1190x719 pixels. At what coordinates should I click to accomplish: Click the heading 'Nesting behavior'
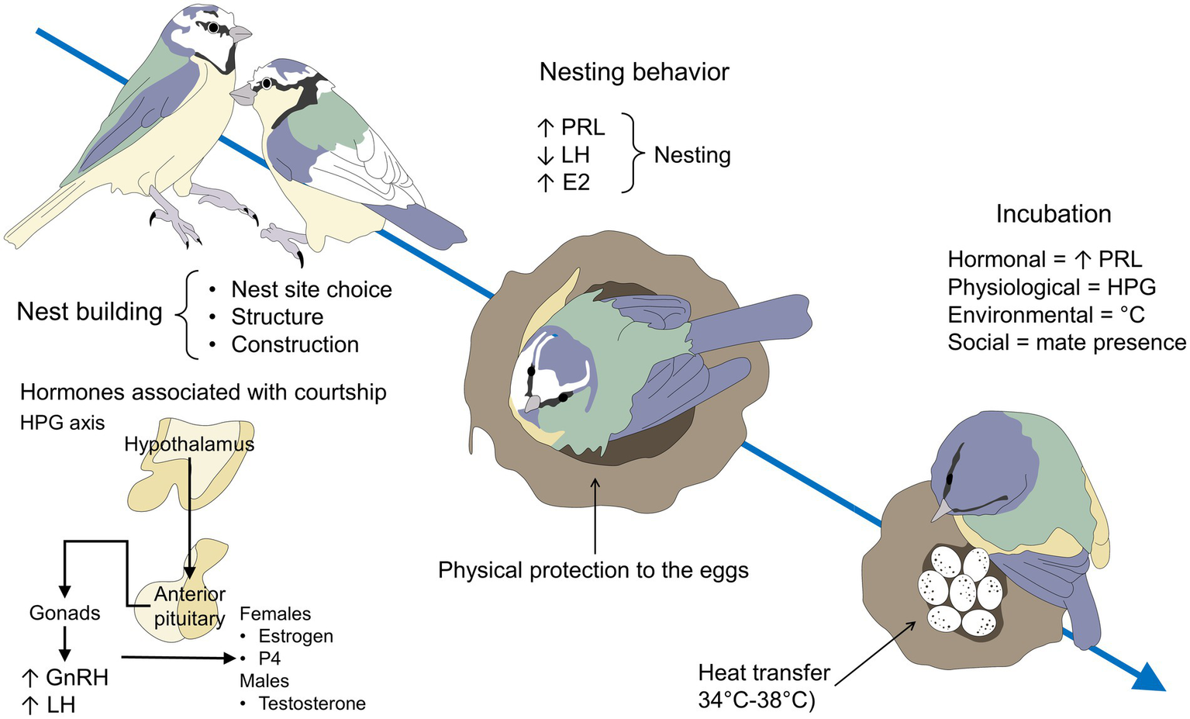pos(633,72)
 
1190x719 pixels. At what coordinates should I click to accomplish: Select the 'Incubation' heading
pos(1053,214)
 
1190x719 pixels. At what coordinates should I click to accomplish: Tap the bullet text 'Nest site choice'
pos(311,290)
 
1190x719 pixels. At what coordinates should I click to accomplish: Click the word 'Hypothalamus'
pos(189,444)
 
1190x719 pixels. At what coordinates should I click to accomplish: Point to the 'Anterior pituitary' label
pos(189,607)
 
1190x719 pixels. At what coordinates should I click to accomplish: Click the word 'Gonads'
pos(65,613)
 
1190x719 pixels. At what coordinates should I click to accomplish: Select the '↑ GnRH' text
pos(65,678)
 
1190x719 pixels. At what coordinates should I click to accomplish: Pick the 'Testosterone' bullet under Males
pos(312,703)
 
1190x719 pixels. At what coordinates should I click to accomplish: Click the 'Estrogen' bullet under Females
pos(295,636)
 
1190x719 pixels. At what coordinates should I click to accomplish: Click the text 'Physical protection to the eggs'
pos(593,570)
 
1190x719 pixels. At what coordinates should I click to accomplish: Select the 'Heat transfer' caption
pos(764,672)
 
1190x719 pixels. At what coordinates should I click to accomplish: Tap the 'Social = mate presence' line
pos(1066,343)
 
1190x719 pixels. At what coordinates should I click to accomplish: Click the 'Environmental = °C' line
pos(1045,315)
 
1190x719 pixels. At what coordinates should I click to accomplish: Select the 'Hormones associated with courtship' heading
pos(203,392)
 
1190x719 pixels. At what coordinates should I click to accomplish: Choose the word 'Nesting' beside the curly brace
pos(692,155)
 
